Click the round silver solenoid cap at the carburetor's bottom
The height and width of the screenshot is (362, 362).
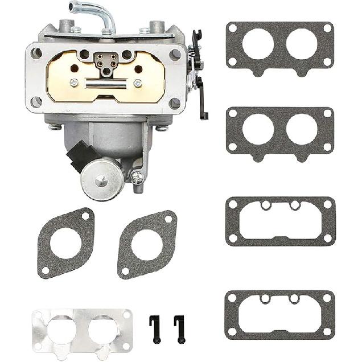pyautogui.click(x=102, y=179)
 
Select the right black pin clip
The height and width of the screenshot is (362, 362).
pyautogui.click(x=179, y=328)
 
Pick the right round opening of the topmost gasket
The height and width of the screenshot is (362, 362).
pyautogui.click(x=302, y=44)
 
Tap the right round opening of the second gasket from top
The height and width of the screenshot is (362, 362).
pyautogui.click(x=302, y=129)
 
